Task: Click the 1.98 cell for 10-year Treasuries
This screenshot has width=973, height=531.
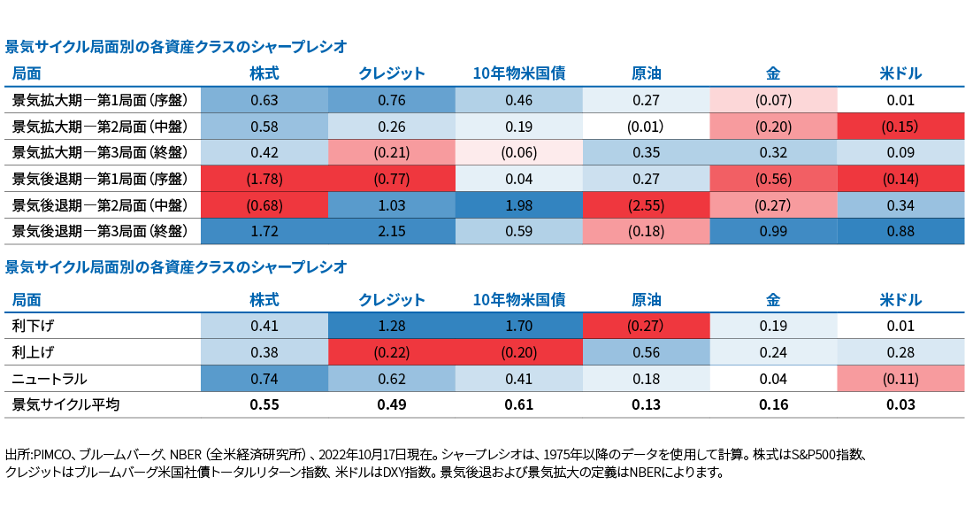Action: [518, 206]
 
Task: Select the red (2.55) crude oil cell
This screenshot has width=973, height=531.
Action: [646, 206]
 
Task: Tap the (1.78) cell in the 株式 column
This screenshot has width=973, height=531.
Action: [264, 180]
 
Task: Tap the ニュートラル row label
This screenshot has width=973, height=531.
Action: [49, 379]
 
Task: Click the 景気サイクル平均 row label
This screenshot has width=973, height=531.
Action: [65, 405]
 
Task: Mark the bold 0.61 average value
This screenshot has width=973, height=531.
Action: [518, 405]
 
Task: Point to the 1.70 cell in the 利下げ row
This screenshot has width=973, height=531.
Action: [518, 327]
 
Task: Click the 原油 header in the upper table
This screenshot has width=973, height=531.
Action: [646, 73]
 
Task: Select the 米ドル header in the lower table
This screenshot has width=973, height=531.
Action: [900, 300]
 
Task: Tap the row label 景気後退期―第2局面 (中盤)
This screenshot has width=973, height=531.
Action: [100, 206]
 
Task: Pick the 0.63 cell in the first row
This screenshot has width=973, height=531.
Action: [264, 101]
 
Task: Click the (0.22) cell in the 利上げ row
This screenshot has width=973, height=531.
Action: [391, 352]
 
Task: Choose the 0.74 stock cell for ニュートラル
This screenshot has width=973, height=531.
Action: [264, 379]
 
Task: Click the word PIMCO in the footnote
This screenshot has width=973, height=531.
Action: [49, 455]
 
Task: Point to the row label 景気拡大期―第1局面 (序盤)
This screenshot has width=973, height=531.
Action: [100, 101]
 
